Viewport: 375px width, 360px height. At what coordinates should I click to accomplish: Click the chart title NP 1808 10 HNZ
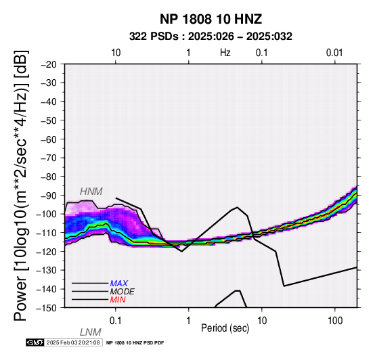pos(211,19)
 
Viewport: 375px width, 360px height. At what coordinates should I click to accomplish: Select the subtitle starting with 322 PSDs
pos(211,37)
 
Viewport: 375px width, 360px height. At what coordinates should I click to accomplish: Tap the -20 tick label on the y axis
pos(49,64)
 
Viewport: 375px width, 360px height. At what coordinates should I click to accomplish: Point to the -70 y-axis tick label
pos(49,158)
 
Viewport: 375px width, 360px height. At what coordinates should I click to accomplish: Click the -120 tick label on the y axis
pos(47,252)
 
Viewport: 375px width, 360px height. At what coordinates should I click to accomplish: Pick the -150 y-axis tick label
pos(47,308)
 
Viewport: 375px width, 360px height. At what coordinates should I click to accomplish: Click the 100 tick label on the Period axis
pos(335,321)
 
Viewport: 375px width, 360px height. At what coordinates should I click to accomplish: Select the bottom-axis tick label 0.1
pos(116,321)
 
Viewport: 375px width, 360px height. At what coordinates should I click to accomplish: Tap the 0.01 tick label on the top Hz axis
pos(334,53)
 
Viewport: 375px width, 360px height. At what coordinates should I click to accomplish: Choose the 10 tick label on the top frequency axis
pos(116,53)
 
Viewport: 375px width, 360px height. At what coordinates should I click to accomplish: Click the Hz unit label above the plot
pos(225,53)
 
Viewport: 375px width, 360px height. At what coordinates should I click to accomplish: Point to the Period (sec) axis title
pos(225,328)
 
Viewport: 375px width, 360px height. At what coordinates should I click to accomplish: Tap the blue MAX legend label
pos(119,284)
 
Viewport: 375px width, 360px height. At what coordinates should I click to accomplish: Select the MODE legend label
pos(123,292)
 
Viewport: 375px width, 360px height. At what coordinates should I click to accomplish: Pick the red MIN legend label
pos(118,300)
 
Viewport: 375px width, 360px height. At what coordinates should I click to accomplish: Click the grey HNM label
pos(91,192)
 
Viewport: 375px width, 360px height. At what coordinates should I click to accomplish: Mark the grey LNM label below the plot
pos(91,332)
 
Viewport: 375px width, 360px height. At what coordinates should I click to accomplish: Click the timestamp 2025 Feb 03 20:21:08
pos(73,342)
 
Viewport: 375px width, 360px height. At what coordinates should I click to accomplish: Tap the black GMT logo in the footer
pos(35,342)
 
